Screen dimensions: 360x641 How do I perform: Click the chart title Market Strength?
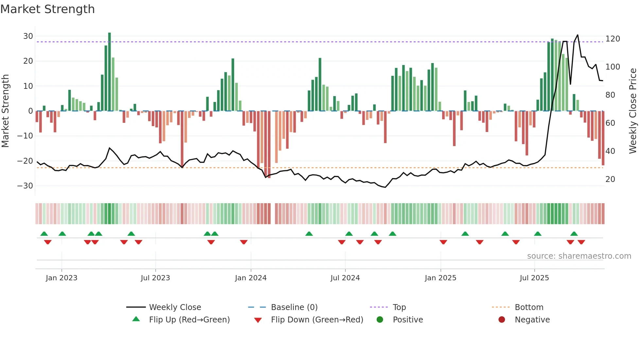click(47, 9)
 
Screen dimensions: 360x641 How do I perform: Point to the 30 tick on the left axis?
click(28, 36)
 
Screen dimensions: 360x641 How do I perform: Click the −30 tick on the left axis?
click(25, 186)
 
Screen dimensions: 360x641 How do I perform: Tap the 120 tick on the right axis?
click(613, 39)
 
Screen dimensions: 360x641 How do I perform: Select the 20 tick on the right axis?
click(610, 179)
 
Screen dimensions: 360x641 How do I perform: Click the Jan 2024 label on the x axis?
click(251, 278)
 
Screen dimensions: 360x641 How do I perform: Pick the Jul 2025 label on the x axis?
click(534, 278)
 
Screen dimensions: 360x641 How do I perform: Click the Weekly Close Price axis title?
click(633, 111)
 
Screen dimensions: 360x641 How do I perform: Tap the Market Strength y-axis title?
click(5, 111)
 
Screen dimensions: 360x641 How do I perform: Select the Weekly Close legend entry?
click(175, 307)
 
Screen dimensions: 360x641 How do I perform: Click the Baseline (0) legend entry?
click(294, 307)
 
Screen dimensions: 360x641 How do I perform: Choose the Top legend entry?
click(399, 307)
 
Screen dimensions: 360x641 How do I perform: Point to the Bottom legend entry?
click(529, 307)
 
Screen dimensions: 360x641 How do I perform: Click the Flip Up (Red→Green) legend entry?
click(189, 320)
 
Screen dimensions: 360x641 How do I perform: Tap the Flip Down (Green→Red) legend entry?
click(317, 320)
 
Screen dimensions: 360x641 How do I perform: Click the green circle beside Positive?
click(380, 319)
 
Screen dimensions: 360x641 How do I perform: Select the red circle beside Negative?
click(502, 319)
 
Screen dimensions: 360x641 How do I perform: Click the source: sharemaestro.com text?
click(579, 256)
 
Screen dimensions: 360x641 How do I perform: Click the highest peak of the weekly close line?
click(578, 35)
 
